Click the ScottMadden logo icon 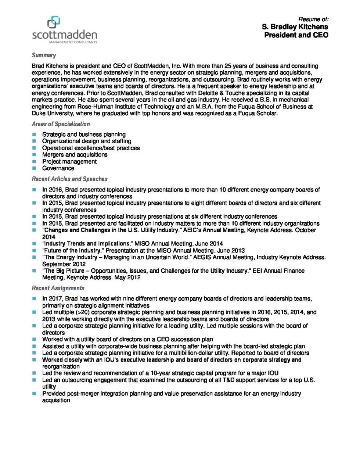[54, 22]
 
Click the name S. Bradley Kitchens [295, 27]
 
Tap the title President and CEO [296, 35]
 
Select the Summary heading [44, 55]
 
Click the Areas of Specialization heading [61, 124]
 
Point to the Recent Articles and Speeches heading [69, 179]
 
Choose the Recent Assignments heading [58, 288]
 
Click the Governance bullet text [58, 168]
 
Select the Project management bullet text [69, 161]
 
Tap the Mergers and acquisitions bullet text [75, 155]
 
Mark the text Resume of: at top [313, 19]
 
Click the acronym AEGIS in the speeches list [203, 257]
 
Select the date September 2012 [64, 264]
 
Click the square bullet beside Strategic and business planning [34, 135]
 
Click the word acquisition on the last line [56, 400]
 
